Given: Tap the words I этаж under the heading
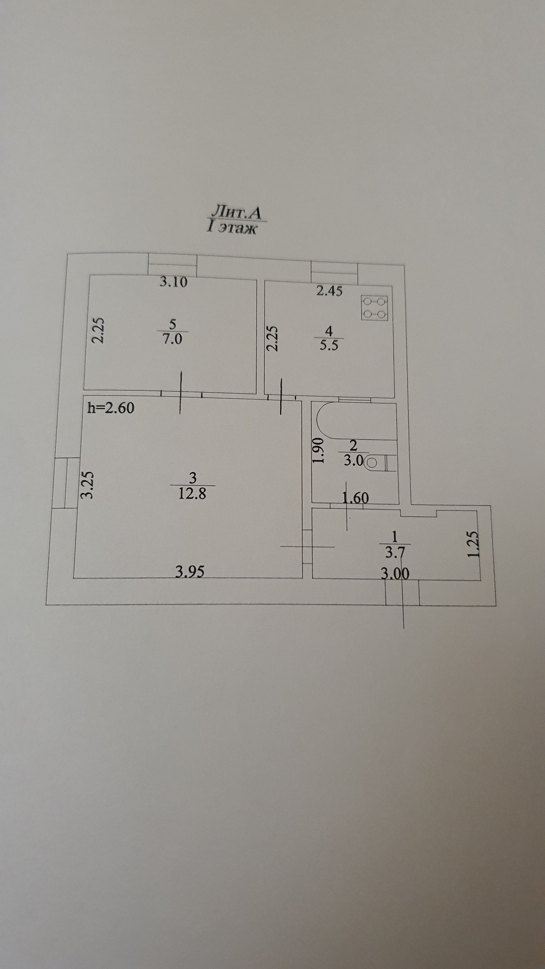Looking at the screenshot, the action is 232,228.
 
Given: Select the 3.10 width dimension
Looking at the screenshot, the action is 173,282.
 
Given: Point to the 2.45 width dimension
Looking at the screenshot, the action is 329,290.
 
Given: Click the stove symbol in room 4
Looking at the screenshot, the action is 375,308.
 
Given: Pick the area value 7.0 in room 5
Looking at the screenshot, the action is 173,339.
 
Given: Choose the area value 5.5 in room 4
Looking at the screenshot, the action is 329,345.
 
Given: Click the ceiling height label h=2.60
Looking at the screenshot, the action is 111,408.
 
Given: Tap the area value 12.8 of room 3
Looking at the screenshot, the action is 192,493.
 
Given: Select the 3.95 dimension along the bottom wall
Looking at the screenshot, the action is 190,571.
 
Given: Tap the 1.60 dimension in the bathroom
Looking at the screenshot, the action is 356,497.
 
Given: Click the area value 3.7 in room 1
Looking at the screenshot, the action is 395,553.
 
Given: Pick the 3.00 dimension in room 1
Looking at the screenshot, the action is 395,573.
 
